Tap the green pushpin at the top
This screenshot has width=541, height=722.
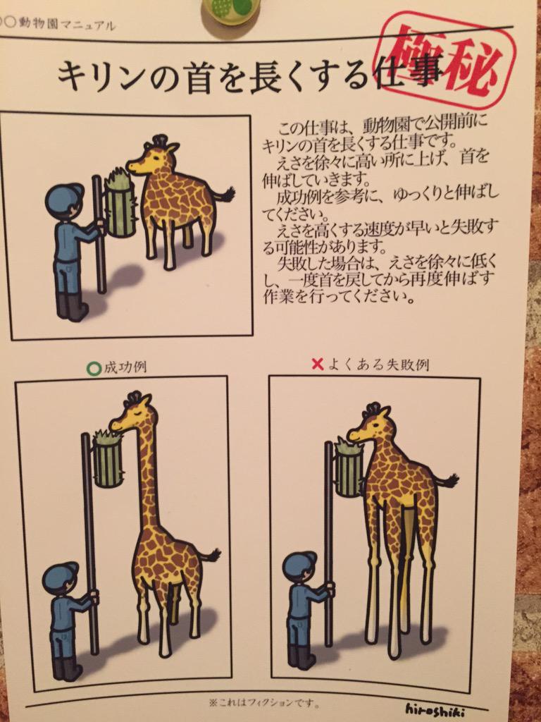(230, 14)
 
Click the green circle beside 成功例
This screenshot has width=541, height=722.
(94, 368)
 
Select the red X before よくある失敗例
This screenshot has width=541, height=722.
(318, 365)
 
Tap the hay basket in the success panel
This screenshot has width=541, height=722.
(108, 458)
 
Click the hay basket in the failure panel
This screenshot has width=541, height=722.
(349, 468)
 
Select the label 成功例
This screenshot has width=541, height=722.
(125, 367)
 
